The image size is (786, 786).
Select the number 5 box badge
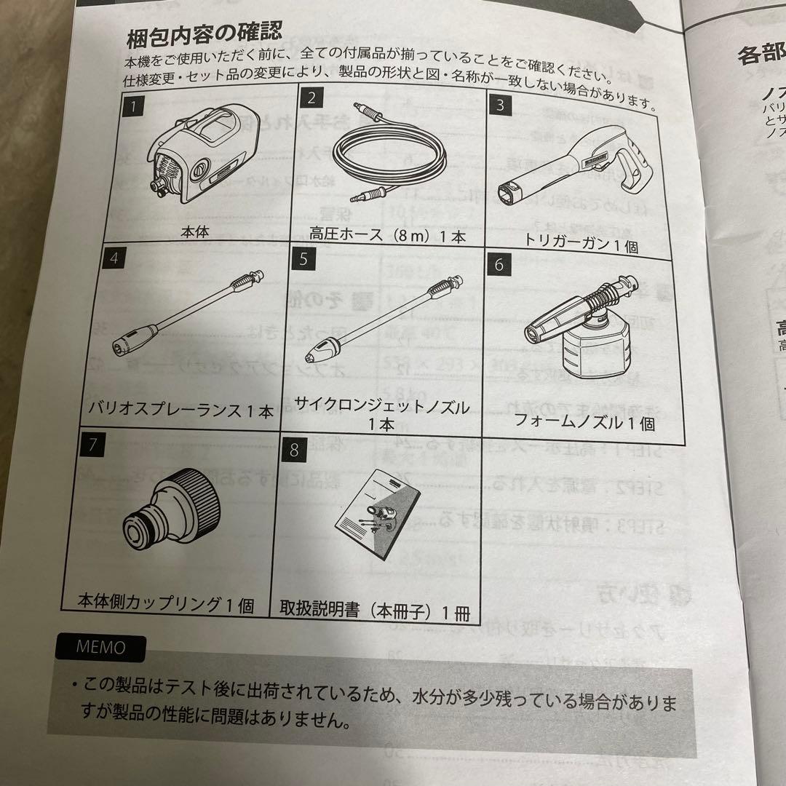click(x=304, y=260)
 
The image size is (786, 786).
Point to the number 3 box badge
click(x=499, y=104)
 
